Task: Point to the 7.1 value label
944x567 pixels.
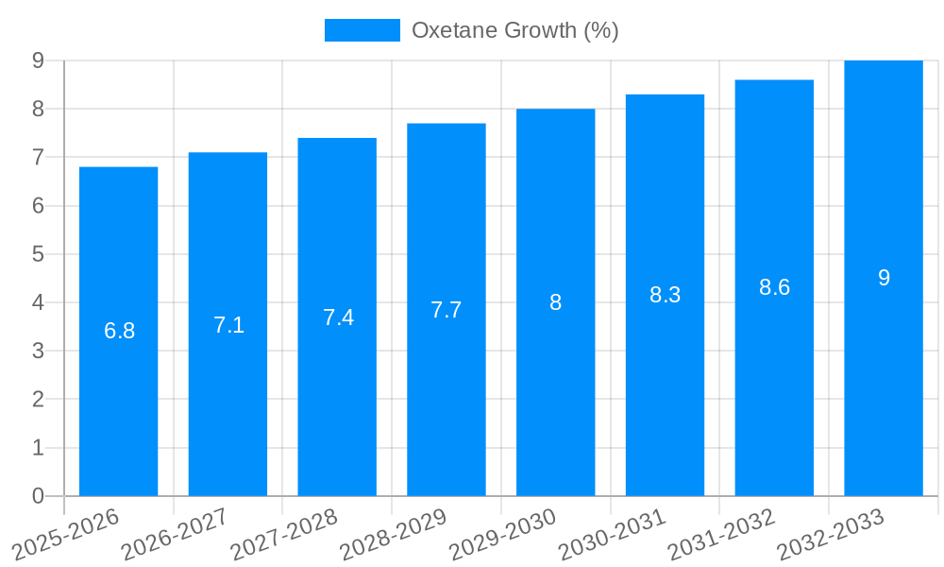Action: [229, 325]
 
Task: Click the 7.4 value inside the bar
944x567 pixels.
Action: [338, 318]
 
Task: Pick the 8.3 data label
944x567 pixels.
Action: [665, 295]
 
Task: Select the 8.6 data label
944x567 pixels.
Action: [774, 287]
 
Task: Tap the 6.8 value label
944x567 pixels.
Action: [120, 331]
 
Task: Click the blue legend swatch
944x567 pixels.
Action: [362, 30]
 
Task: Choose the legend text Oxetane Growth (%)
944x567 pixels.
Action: [514, 30]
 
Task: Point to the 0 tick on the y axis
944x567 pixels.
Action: [38, 496]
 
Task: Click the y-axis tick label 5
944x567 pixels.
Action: [38, 254]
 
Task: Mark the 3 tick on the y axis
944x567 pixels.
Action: [38, 351]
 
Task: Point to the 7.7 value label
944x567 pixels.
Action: [447, 310]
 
